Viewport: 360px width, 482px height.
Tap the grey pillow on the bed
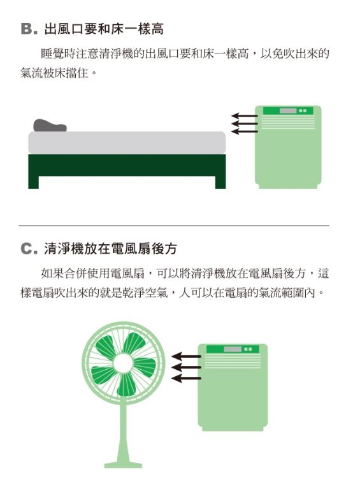[x=49, y=126]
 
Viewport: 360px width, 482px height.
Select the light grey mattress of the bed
[x=127, y=142]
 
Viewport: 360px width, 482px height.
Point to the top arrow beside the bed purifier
[x=244, y=116]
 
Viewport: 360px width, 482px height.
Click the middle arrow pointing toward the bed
[x=244, y=124]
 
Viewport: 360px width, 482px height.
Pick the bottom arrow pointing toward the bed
[x=244, y=131]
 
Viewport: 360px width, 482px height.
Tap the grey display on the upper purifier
[x=287, y=111]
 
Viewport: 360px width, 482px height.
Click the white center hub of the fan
[x=124, y=362]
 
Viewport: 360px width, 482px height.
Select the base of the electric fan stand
[x=123, y=463]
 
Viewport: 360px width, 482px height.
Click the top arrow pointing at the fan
[x=187, y=356]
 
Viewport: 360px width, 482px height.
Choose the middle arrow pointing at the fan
[x=187, y=367]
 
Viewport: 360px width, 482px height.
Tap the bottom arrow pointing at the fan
[x=187, y=379]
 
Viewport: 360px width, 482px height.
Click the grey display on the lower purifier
[x=233, y=349]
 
